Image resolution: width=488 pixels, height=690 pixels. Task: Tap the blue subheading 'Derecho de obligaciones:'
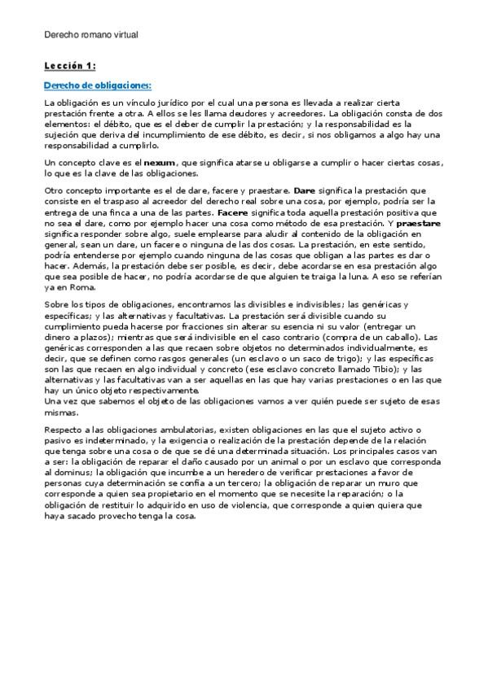point(98,85)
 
